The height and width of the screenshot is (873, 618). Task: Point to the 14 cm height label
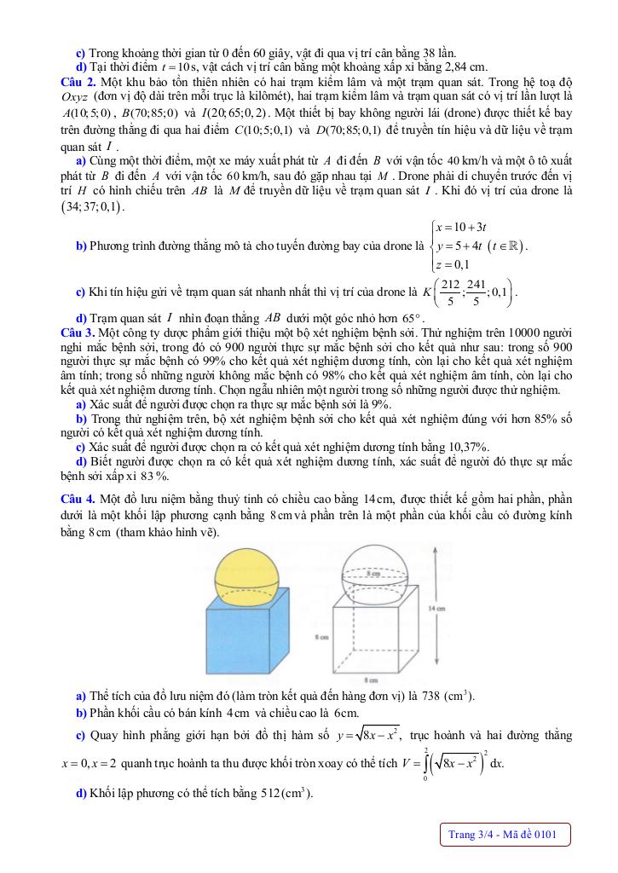(434, 608)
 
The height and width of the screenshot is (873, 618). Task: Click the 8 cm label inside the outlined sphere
(372, 575)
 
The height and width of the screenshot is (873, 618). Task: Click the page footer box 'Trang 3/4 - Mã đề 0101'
(502, 834)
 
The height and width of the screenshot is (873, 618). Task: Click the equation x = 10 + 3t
(461, 227)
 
